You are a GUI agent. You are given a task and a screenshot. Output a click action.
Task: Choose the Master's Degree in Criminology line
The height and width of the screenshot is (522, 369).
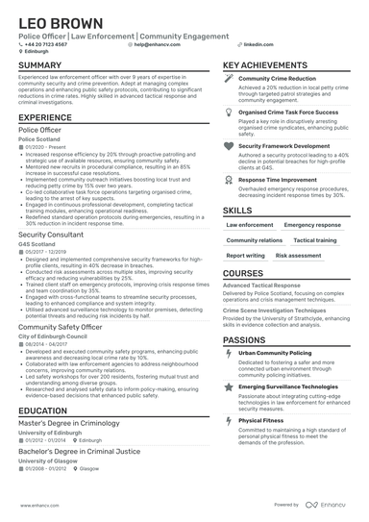(x=68, y=423)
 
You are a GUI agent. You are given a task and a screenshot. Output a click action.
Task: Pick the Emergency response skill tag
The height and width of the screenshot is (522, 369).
(x=311, y=224)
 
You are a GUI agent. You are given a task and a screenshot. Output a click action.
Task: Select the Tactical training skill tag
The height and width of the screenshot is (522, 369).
(x=314, y=240)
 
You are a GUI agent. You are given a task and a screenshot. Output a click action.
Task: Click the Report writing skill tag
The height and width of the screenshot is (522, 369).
(x=245, y=257)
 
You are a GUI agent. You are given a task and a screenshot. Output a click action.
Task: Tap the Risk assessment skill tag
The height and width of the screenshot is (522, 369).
(x=298, y=257)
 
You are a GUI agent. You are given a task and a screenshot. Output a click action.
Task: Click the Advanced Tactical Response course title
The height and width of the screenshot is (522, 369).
(x=262, y=286)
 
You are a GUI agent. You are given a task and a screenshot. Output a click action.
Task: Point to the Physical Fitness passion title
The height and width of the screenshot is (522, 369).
(x=262, y=420)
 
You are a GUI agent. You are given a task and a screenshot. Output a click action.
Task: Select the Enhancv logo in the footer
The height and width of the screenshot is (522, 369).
(x=330, y=504)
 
